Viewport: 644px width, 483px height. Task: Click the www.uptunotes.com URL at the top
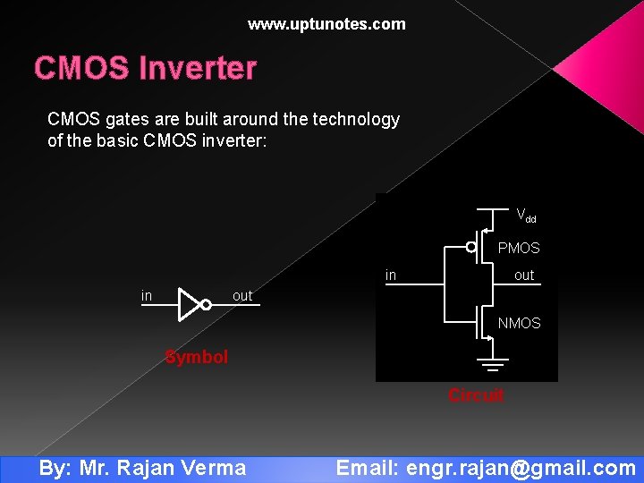326,24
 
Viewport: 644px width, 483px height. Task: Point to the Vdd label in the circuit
526,216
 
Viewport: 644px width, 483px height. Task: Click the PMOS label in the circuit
519,248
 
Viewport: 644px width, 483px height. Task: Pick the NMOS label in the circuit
519,323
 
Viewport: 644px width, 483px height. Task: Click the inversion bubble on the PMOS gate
471,248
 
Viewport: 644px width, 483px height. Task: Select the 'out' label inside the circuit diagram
524,275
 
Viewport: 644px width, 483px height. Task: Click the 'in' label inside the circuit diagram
391,275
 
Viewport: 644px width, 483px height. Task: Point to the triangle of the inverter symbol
189,304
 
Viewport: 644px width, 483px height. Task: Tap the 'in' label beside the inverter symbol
147,296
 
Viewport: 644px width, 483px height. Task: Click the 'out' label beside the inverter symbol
242,296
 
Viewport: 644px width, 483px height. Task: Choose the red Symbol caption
197,357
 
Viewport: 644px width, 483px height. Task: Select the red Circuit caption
476,395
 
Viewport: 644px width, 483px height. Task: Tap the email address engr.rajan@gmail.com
521,468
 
